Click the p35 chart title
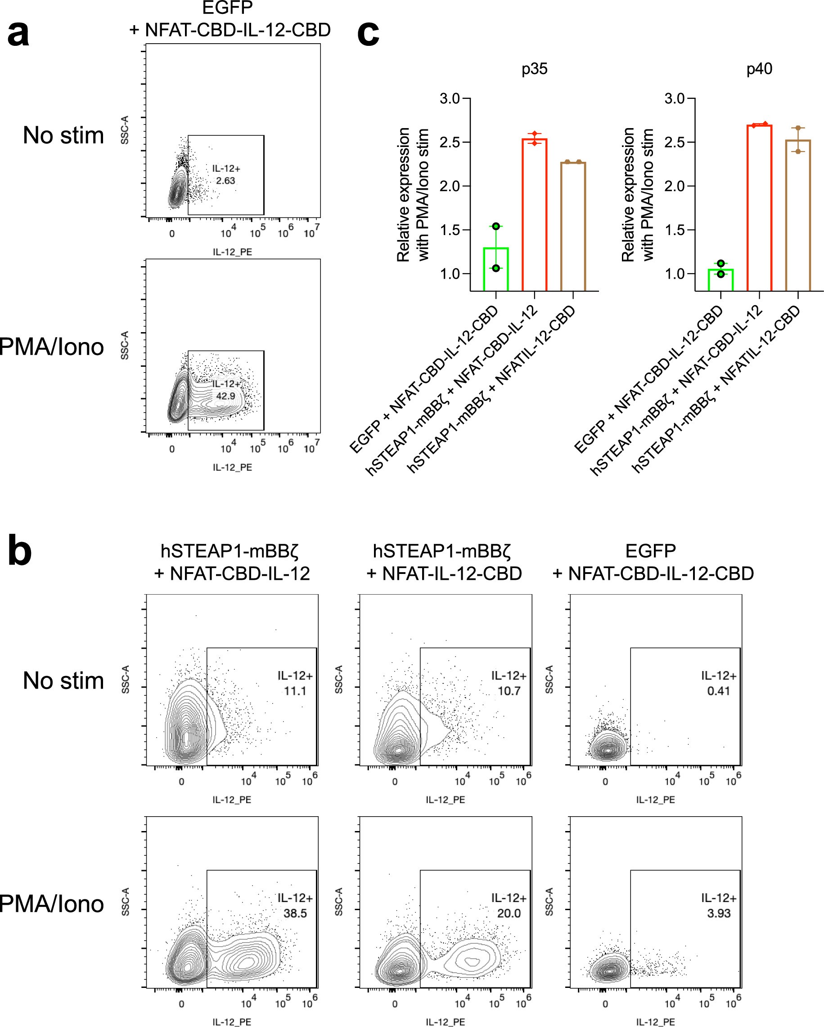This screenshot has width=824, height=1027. pos(534,69)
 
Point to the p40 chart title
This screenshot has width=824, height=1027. pos(759,69)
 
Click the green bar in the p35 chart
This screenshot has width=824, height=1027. pos(496,269)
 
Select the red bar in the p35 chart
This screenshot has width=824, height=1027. pos(535,214)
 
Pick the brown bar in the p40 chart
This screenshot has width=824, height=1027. pos(798,214)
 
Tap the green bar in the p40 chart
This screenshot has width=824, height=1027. pos(720,280)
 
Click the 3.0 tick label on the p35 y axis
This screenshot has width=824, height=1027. pos(449,98)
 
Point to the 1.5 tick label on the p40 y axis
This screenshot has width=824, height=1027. pos(674,230)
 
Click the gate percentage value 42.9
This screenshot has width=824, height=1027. pos(225,396)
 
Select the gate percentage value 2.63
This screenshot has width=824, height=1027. pos(225,181)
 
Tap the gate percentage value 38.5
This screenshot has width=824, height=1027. pos(295,913)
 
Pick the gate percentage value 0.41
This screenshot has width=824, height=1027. pos(719,691)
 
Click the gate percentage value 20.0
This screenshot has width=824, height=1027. pos(509,913)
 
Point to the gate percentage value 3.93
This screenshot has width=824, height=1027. pos(719,913)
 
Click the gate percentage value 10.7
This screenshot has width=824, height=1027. pos(509,691)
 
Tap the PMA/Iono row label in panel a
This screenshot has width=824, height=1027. pos(51,347)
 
